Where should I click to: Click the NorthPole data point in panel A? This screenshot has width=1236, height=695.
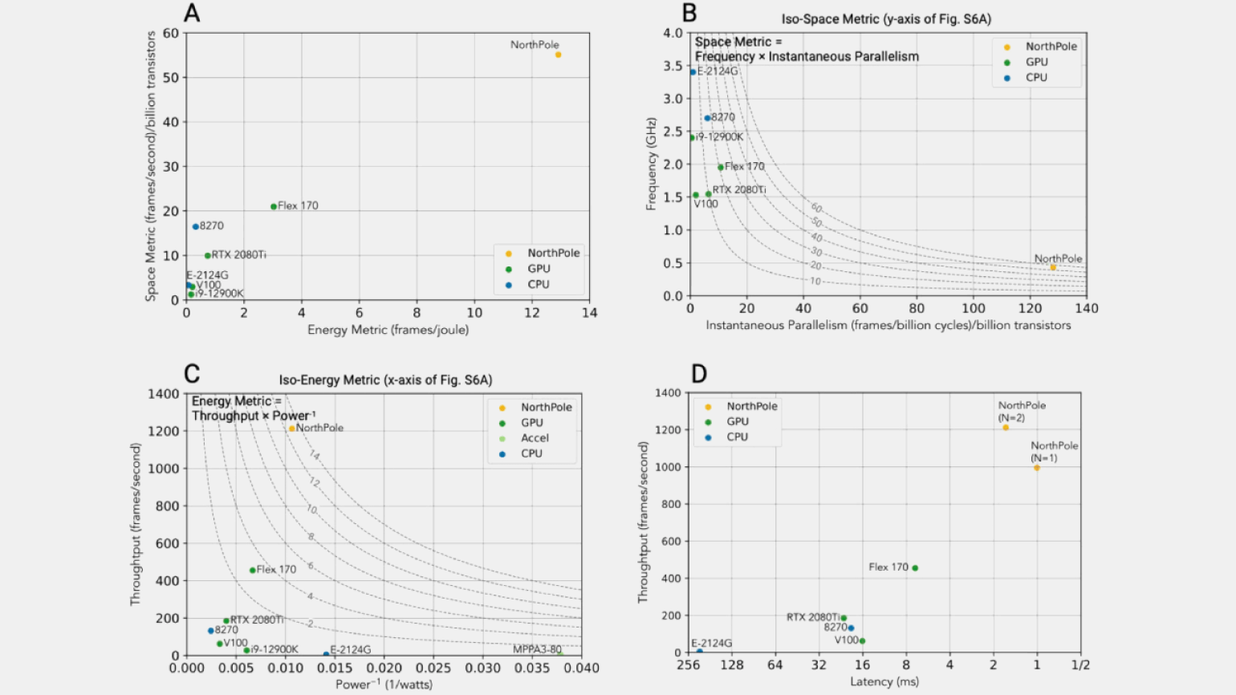[558, 55]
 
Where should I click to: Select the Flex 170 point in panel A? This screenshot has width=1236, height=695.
[274, 206]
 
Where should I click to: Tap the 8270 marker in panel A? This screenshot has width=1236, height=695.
[195, 226]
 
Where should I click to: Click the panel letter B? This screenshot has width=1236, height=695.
[689, 13]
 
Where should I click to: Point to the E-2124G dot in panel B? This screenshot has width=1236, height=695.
[693, 72]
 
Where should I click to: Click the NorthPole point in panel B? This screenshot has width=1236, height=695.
[1053, 267]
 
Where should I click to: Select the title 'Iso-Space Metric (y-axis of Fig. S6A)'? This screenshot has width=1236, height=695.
[887, 19]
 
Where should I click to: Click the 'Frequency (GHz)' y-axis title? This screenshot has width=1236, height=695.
[651, 164]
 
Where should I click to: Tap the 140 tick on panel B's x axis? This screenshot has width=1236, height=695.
[1086, 308]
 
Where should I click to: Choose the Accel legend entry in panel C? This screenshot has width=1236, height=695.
[535, 438]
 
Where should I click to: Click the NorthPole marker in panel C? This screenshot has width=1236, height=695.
[291, 429]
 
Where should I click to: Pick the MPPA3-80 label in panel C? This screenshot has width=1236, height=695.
[537, 649]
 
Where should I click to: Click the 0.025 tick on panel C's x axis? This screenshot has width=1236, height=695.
[433, 668]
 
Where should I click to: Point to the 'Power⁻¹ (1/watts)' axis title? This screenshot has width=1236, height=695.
[384, 685]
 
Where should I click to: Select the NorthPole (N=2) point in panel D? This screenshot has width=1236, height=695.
[1006, 428]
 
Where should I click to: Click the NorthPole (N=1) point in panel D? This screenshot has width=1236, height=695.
[1037, 468]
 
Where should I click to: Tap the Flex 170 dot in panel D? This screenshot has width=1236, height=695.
[915, 568]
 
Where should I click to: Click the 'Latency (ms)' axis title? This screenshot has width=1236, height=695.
[884, 681]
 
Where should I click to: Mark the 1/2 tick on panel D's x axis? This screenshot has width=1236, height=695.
[1080, 665]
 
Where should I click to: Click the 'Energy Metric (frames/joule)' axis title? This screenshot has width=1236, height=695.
[388, 330]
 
